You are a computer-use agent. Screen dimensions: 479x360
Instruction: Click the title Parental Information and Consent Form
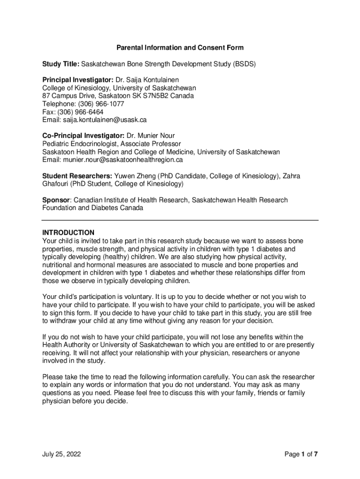click(180, 48)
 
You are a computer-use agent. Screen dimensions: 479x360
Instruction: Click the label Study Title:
click(61, 64)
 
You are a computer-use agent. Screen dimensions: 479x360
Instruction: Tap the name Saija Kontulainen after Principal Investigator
click(155, 80)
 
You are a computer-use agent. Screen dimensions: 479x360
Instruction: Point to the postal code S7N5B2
click(170, 96)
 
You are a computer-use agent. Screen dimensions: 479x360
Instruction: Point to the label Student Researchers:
click(77, 176)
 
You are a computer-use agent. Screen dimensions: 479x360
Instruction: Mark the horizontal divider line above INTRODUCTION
click(180, 220)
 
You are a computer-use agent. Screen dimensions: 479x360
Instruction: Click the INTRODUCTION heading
click(68, 232)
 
